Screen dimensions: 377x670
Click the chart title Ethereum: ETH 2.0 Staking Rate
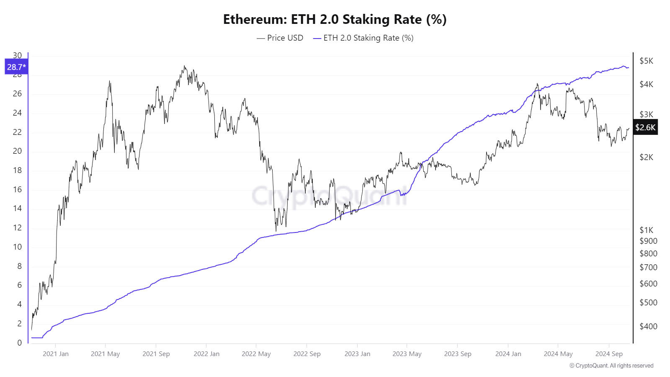pos(335,19)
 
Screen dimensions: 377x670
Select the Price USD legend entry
pos(280,38)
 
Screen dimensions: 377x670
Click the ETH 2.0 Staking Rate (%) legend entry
pos(363,38)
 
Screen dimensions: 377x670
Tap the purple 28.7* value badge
pos(16,67)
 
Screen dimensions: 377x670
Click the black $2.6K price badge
pos(645,127)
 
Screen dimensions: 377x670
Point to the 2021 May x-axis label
pos(105,354)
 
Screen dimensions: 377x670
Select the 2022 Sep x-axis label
pos(307,354)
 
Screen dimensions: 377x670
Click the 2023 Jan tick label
pos(357,354)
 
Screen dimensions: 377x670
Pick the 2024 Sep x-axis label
pos(609,354)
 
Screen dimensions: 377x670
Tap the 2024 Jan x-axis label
pos(508,354)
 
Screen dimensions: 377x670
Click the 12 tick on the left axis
pos(17,227)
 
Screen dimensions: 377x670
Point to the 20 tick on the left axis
pos(17,151)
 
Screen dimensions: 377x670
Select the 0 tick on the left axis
pos(19,342)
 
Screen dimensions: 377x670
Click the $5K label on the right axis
pos(646,61)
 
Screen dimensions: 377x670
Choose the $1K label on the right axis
pos(646,230)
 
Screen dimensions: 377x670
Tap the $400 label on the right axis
pos(648,326)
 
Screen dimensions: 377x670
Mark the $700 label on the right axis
pos(648,267)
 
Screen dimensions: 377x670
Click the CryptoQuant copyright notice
pos(611,365)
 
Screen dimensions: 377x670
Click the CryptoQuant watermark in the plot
pos(329,196)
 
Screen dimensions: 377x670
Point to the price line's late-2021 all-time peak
pos(184,66)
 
